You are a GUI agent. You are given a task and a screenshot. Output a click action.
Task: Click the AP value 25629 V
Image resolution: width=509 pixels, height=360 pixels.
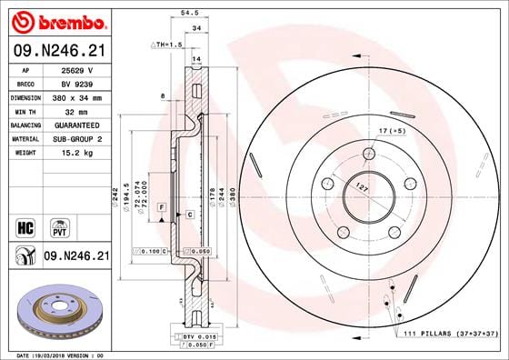(77, 70)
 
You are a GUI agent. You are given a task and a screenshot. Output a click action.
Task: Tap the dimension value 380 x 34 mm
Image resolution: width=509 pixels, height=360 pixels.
(77, 95)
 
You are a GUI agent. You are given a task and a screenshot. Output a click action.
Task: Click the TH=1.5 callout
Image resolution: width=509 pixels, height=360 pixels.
(167, 44)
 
